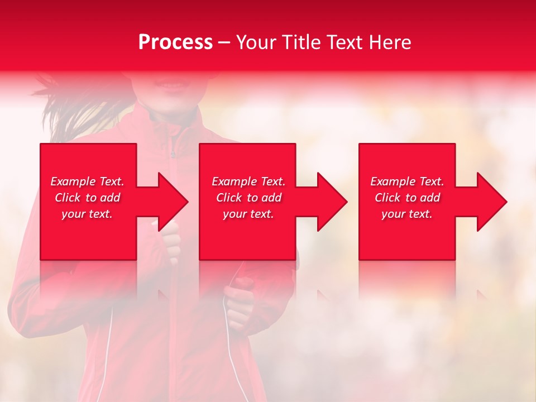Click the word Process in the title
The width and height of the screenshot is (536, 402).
[x=175, y=42]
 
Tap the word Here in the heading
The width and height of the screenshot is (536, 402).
[x=390, y=42]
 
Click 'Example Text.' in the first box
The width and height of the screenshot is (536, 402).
[x=88, y=181]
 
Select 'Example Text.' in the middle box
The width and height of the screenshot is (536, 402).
[x=248, y=181]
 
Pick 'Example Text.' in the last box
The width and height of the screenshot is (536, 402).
[x=407, y=181]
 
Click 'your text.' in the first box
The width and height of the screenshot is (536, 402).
[x=87, y=214]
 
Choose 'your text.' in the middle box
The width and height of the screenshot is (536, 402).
[x=248, y=214]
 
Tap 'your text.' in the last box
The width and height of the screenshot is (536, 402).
[x=407, y=214]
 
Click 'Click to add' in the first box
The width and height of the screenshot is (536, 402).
[x=88, y=198]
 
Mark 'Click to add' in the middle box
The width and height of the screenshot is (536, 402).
[x=248, y=198]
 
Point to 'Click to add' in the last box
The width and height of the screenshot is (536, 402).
[x=407, y=198]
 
